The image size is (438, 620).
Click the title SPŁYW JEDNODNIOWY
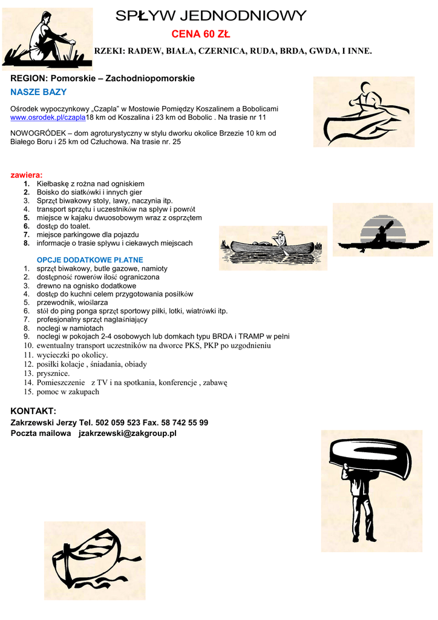[211, 16]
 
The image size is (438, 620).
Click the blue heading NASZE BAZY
[39, 92]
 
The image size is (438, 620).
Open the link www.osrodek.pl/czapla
[48, 117]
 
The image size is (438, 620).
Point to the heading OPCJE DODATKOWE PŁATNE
[90, 260]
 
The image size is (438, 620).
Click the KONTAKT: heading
[33, 411]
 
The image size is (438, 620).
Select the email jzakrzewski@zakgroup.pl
[128, 434]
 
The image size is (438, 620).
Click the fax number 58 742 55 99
[185, 423]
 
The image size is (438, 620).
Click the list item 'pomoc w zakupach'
[68, 392]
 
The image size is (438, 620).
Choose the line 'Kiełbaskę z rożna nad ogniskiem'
[90, 183]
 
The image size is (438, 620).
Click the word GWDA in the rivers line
[322, 51]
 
